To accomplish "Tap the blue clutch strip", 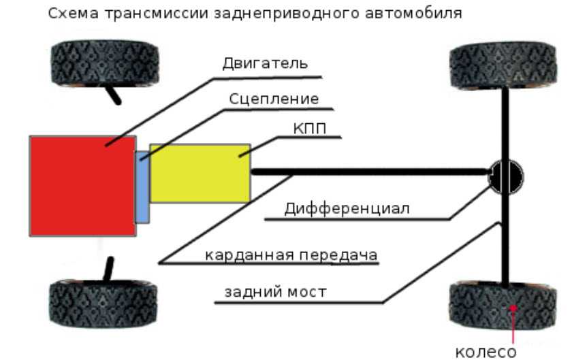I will coord(142,187).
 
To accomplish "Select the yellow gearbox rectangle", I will coord(200,173).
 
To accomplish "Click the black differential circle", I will coord(507,176).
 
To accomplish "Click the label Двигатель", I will coord(266,64).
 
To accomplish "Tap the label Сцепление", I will coord(274,99).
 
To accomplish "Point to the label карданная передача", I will coord(292,255).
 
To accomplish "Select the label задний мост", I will coord(275,292).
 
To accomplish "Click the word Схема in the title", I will coord(68,13).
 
